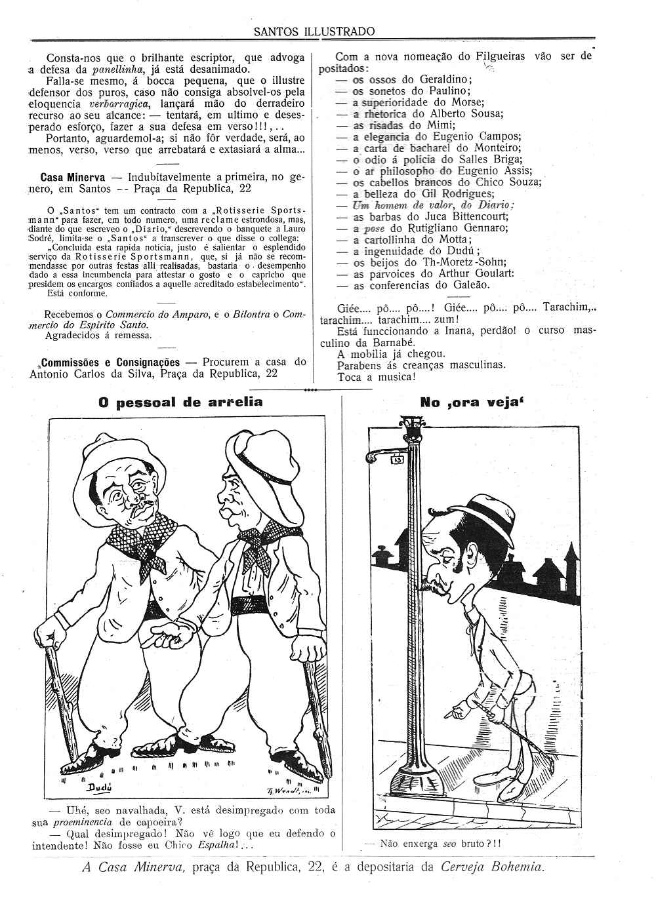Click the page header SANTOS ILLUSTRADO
click(314, 31)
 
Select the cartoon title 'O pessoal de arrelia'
click(180, 402)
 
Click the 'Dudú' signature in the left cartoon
click(99, 787)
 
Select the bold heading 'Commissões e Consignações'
click(111, 362)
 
